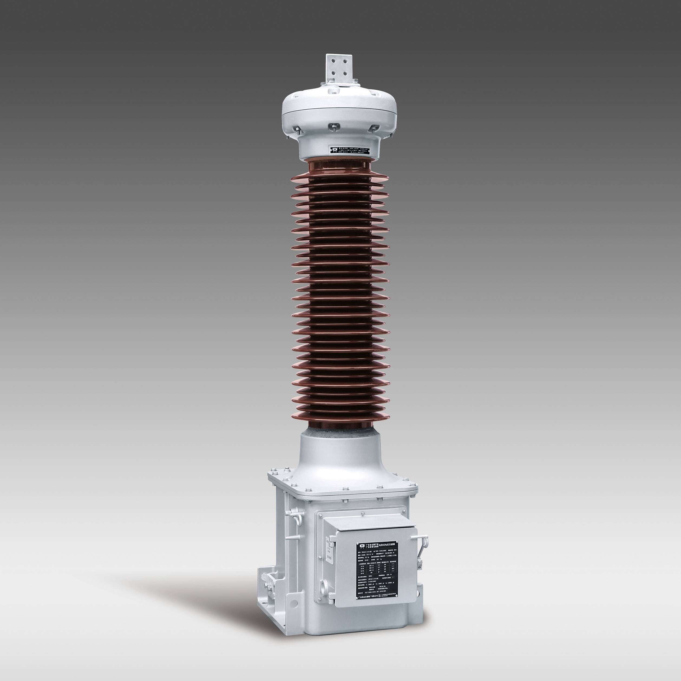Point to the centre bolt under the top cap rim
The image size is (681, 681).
coord(334,126)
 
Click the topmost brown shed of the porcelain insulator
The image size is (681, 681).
coord(340,176)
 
